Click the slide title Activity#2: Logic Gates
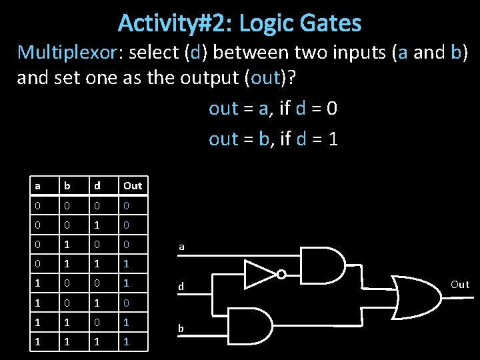240,24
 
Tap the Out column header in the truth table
132,185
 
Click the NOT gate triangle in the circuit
260,273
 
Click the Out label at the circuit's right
460,285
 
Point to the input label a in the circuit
181,247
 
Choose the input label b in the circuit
181,329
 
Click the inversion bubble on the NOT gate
282,274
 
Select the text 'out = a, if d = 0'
273,109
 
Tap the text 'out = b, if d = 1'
273,139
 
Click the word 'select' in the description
153,53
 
